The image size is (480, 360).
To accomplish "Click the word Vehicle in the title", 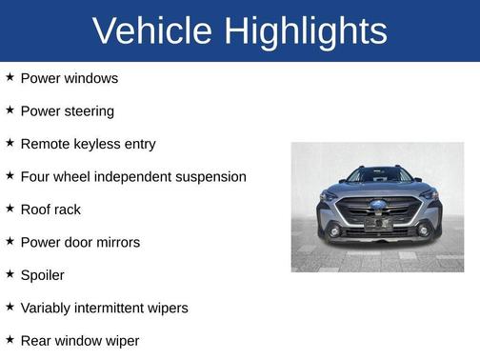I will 152,31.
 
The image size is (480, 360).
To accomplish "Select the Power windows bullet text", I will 70,78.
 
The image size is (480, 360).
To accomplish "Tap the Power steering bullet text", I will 67,110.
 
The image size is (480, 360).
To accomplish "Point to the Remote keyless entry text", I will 88,144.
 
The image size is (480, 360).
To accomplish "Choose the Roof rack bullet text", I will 50,210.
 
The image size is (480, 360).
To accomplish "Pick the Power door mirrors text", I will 80,242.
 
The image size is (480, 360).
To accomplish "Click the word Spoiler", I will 43,275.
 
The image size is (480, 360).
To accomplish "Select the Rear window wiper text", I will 80,340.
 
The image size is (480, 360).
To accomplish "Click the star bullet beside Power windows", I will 10,77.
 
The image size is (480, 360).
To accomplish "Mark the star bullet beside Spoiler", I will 10,274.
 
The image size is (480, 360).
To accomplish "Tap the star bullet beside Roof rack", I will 10,209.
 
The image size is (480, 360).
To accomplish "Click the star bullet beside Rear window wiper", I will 10,339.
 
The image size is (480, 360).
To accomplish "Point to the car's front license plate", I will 377,225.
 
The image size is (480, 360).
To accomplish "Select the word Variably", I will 47,308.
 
